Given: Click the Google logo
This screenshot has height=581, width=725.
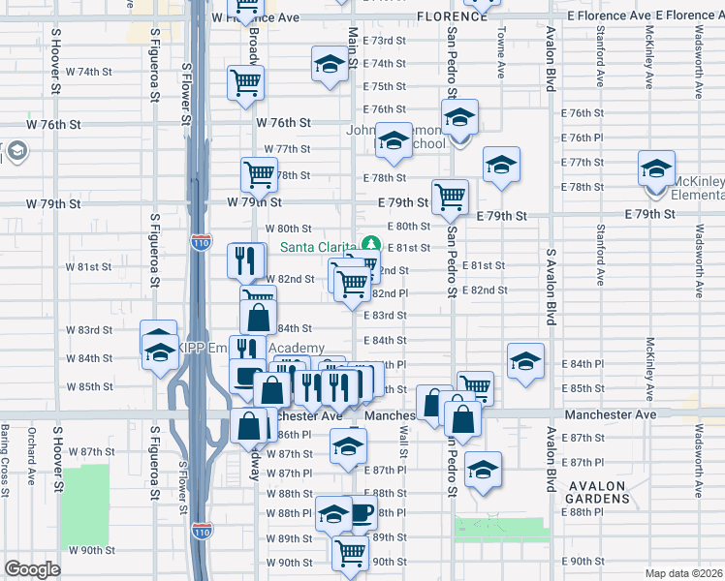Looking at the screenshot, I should click(x=32, y=569).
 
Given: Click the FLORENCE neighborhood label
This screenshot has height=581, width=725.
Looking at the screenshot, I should click(x=452, y=16).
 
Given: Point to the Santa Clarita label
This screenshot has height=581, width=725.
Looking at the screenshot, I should click(x=317, y=247).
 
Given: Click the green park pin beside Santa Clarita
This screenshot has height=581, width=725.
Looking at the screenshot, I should click(x=369, y=245).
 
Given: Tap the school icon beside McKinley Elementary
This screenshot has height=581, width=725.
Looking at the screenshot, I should click(x=656, y=168).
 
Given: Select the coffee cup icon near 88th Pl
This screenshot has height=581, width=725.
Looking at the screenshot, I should click(x=362, y=512).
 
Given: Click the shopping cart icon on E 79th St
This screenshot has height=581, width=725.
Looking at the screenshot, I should click(x=450, y=197).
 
